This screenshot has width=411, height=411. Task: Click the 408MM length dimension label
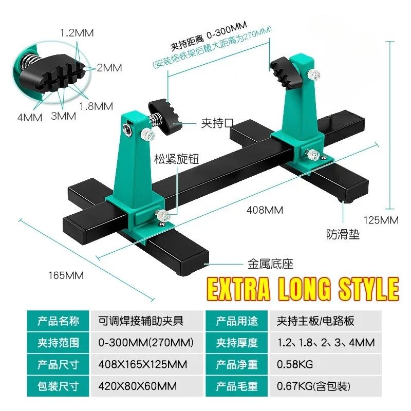pos(265,210)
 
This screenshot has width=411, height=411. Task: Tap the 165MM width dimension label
pos(66,275)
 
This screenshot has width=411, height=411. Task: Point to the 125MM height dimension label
pos(381,220)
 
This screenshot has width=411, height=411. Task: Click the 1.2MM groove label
pos(77,33)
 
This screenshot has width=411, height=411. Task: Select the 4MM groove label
pos(30,118)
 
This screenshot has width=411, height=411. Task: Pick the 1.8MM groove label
pos(96,106)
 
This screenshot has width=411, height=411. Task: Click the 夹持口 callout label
pos(217,123)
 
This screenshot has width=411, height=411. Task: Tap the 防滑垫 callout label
pos(343,234)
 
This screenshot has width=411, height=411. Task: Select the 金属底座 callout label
pos(271,264)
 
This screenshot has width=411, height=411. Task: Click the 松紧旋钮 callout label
pos(176,159)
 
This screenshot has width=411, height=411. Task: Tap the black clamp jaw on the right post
pos(286,72)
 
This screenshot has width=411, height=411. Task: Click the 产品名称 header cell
pos(58,321)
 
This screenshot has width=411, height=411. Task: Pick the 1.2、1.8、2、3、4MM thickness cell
pos(326,343)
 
